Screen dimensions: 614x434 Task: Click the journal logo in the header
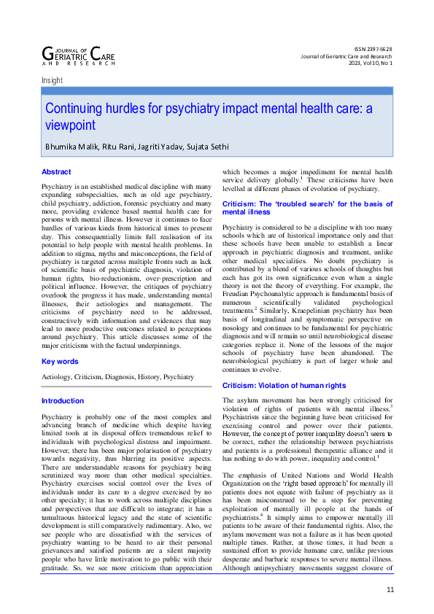(x=78, y=55)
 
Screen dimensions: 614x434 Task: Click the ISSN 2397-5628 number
(x=372, y=48)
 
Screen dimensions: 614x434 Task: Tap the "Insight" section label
(x=53, y=81)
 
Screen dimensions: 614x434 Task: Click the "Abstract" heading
(x=56, y=172)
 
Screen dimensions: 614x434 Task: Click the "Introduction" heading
(x=63, y=401)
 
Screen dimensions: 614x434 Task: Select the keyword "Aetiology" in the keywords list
(x=58, y=377)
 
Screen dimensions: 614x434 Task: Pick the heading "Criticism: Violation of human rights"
(x=284, y=385)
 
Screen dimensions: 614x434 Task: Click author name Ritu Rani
(x=114, y=147)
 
